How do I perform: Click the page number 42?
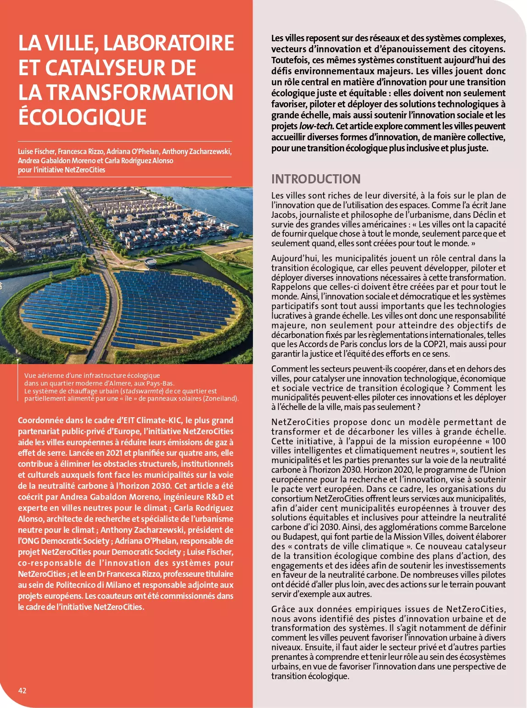(22, 691)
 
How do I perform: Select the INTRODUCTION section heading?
(315, 179)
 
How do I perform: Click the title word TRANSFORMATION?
(140, 93)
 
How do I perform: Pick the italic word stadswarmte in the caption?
(142, 391)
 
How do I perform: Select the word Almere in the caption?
(131, 383)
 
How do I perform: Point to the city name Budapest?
(300, 537)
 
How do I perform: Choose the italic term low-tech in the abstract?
(316, 126)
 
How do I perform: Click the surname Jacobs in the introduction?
(283, 215)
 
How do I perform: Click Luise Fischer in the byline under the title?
(36, 151)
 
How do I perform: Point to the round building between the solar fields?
(150, 263)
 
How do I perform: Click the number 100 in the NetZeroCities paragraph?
(499, 441)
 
